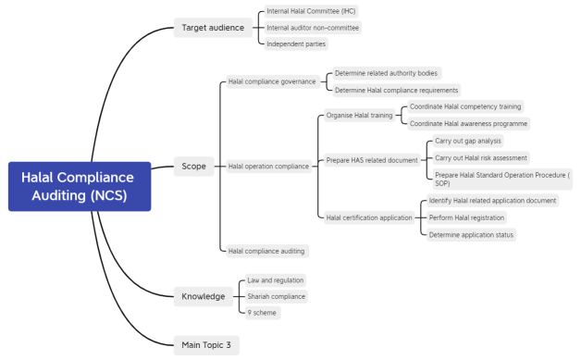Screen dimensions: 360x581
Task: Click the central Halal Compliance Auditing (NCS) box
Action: (80, 186)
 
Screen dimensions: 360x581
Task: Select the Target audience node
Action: (212, 28)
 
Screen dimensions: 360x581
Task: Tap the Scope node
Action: (194, 167)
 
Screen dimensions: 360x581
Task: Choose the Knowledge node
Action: (203, 296)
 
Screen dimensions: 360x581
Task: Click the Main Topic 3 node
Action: (206, 344)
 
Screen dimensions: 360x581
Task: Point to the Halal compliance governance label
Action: (272, 81)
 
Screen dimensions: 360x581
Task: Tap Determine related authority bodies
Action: (386, 72)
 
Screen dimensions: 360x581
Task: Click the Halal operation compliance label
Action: (268, 167)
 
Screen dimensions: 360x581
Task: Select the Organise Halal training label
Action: (359, 116)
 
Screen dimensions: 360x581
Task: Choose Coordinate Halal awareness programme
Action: (468, 123)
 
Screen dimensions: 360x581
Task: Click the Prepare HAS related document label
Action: (372, 160)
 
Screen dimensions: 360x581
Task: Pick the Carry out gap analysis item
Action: (467, 141)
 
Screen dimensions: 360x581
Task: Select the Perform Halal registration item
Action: (466, 217)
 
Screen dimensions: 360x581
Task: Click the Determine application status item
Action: (471, 234)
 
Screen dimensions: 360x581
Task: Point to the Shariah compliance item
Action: (276, 296)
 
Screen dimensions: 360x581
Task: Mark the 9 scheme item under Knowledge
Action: (263, 313)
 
